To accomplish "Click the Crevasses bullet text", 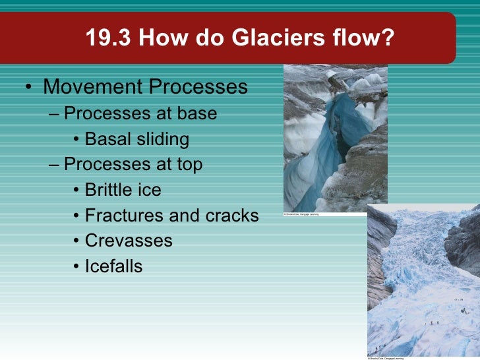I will coord(129,241).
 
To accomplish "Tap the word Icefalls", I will coord(113,266).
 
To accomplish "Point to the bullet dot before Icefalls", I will coord(77,267).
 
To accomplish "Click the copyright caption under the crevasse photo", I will coord(301,214).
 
